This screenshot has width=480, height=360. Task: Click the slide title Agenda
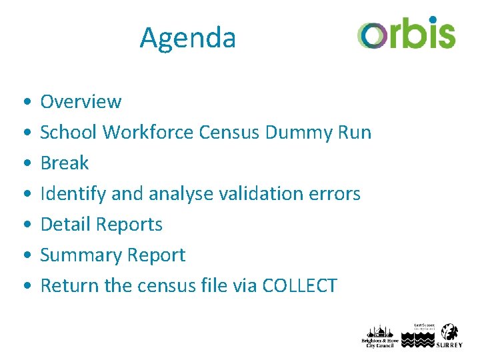pos(187,38)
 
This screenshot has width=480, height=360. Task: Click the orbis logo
pos(406,33)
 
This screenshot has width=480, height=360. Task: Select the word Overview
pos(81,102)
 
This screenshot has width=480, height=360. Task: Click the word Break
pos(65,163)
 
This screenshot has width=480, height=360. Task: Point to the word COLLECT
pos(300,286)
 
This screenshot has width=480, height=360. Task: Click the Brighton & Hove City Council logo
pos(379,337)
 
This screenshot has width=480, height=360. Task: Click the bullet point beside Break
pos(25,164)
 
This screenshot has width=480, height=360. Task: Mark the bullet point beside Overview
pos(25,103)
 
